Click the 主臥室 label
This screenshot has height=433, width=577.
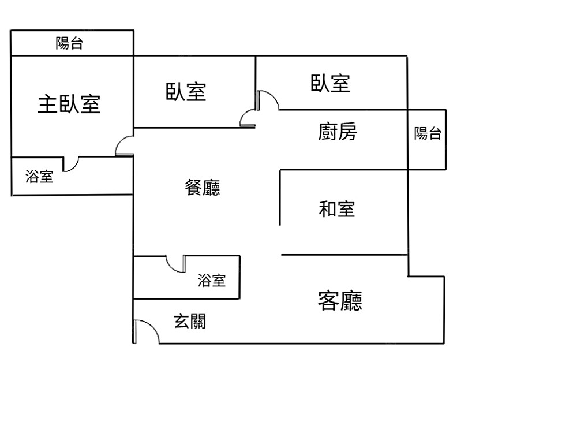69,104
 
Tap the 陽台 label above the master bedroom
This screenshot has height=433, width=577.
69,43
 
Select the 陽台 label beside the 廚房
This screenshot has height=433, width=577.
428,134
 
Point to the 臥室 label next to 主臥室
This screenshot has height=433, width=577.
186,92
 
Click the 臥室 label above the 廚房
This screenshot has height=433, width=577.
331,83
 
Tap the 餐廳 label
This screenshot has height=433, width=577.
203,188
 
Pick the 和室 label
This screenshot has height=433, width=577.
337,208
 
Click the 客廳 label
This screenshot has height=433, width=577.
340,301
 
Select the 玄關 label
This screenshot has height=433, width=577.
190,322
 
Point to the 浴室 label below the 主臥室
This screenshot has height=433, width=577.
39,177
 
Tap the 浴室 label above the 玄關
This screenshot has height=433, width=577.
211,281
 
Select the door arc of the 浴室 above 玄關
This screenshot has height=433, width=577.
175,264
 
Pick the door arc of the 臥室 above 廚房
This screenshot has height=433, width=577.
269,99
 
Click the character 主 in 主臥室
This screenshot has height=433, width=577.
47,104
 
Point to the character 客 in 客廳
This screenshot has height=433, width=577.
328,301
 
